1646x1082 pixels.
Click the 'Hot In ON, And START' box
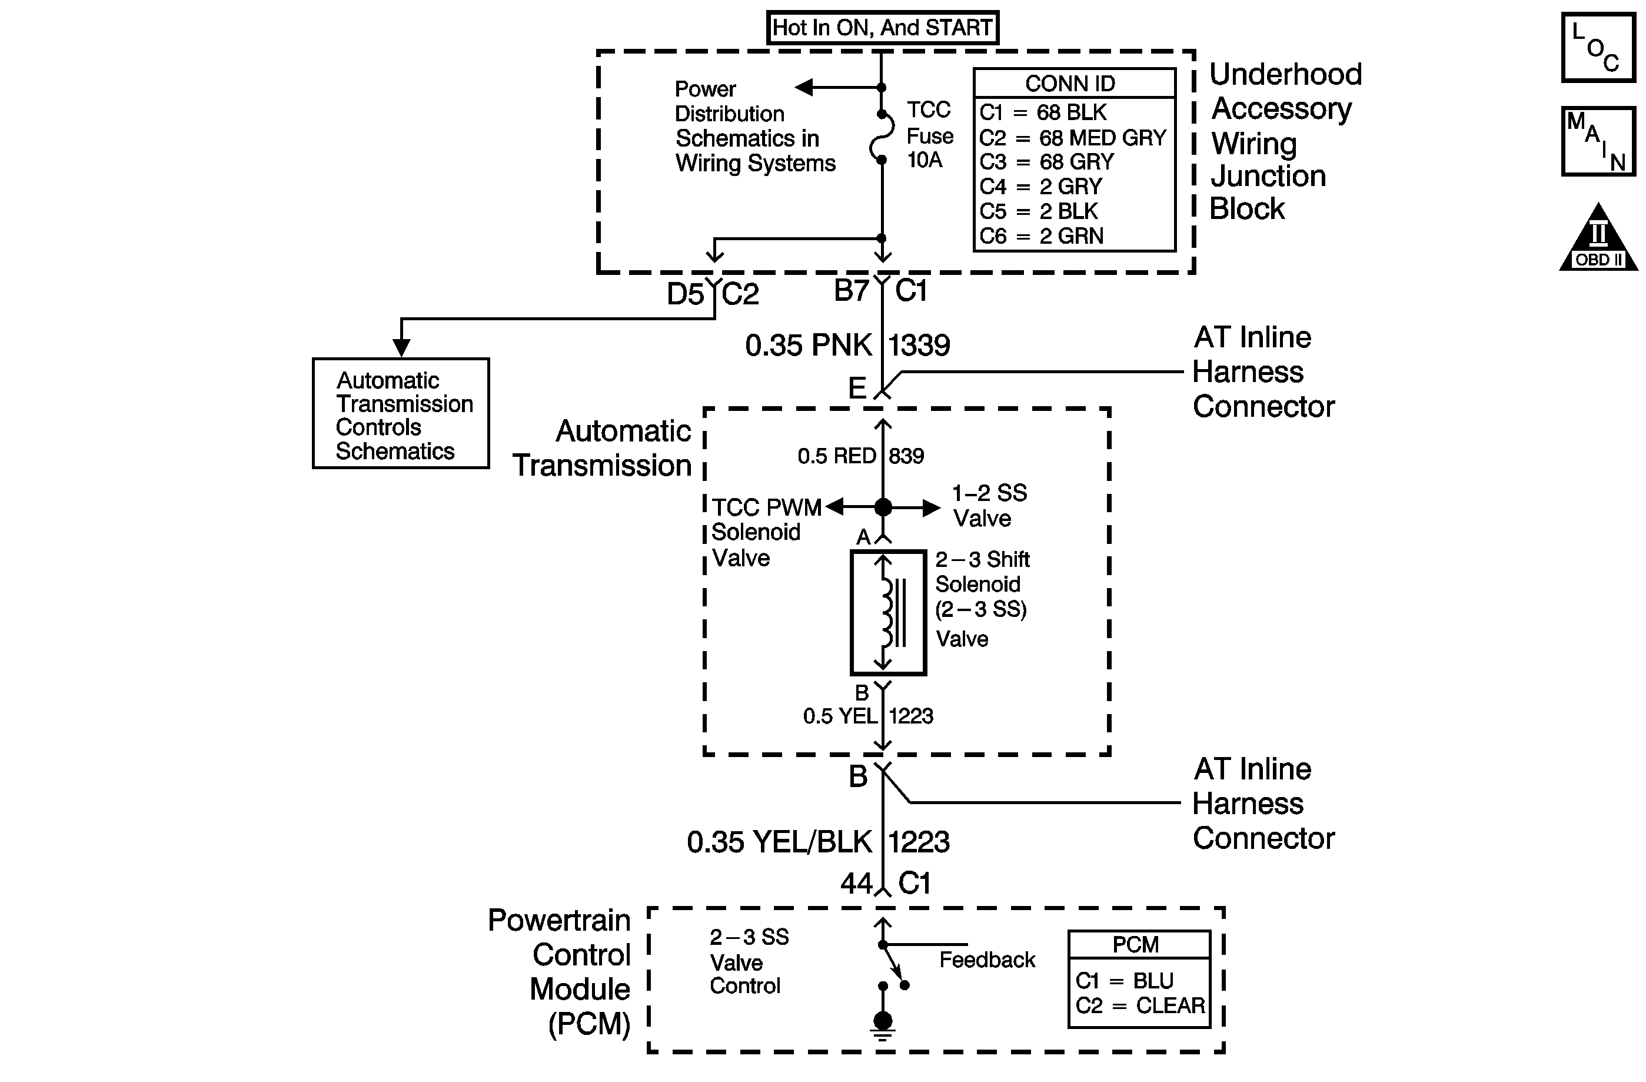click(883, 28)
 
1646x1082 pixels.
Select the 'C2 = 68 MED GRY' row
click(1073, 138)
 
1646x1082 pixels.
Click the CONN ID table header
click(1070, 84)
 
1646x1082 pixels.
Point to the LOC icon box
click(1598, 48)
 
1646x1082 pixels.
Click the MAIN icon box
click(1598, 141)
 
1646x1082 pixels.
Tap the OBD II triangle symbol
click(1598, 238)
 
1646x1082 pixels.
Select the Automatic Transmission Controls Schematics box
click(401, 414)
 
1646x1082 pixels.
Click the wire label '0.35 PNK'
click(808, 345)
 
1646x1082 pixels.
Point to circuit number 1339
click(919, 345)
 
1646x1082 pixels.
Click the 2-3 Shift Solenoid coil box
click(888, 612)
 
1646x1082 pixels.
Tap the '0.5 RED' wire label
click(837, 456)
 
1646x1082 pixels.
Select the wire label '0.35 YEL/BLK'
click(779, 842)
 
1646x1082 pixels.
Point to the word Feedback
click(987, 960)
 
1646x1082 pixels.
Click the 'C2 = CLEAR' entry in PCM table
click(1140, 1005)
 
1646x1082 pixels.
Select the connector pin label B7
click(852, 291)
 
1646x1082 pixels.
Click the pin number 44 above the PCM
click(856, 884)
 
